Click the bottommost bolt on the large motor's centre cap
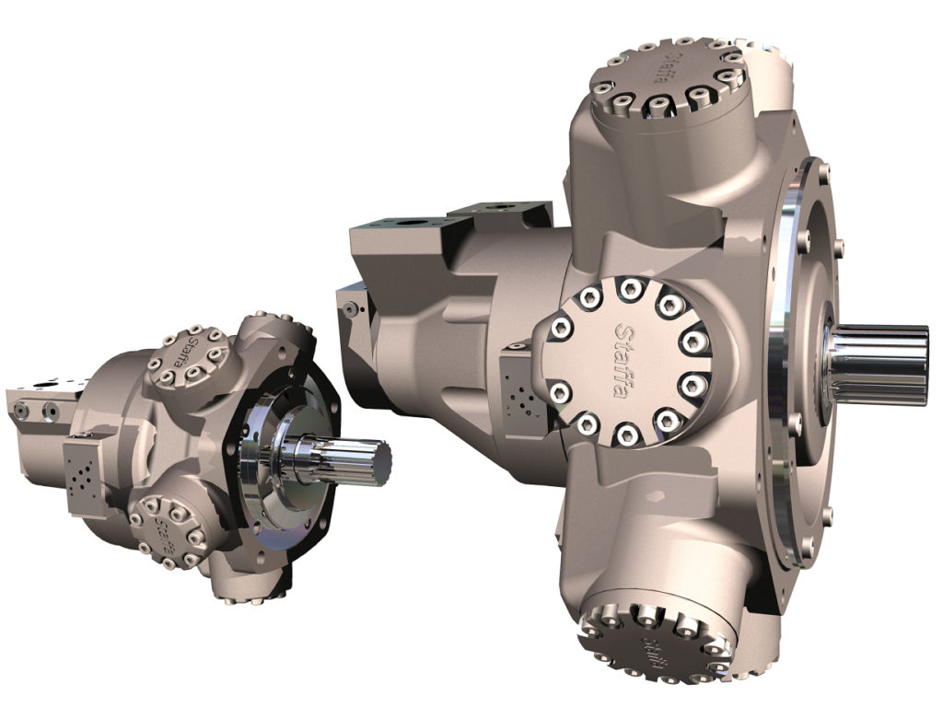[625, 433]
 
